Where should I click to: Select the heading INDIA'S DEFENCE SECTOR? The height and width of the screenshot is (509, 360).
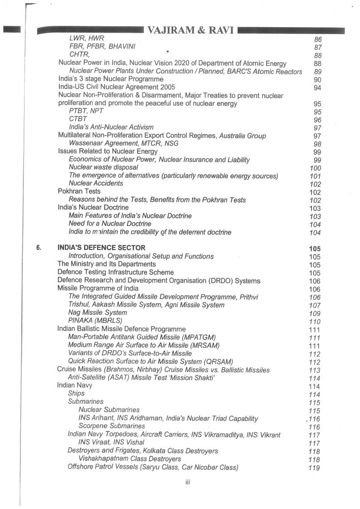(102, 248)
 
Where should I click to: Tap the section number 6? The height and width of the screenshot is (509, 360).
(39, 248)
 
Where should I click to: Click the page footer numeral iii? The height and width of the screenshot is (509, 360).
(187, 482)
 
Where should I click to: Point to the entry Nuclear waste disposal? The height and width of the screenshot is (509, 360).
(103, 167)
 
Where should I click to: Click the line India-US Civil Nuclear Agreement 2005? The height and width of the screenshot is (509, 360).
(117, 87)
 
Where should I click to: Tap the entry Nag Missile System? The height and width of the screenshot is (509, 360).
(97, 313)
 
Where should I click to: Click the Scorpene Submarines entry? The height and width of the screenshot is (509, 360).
(112, 426)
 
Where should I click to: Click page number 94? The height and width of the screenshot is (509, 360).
(317, 88)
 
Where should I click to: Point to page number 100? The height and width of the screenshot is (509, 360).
(315, 168)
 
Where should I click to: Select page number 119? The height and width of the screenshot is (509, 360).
(314, 468)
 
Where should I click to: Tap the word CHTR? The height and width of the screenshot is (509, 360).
(79, 54)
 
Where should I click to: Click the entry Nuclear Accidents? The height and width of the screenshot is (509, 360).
(96, 183)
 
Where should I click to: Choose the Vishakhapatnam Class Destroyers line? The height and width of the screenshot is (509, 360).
(130, 459)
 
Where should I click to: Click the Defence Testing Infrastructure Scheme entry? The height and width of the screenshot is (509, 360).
(116, 272)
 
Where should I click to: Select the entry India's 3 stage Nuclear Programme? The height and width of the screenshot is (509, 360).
(111, 78)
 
